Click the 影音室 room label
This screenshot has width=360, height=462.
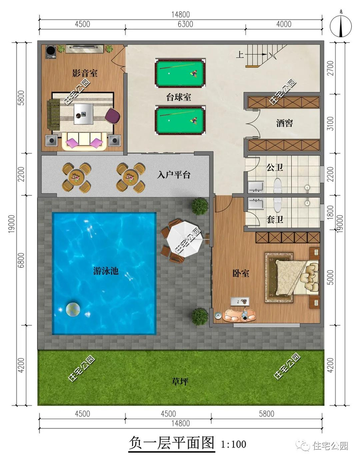tap(85, 73)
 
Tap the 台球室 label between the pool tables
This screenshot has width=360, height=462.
tap(178, 97)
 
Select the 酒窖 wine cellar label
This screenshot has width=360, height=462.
tap(284, 123)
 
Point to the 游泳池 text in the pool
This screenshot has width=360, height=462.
tap(106, 271)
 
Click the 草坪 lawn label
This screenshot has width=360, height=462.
tap(179, 382)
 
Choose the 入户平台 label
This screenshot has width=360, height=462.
tap(174, 175)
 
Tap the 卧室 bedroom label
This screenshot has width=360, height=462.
tap(241, 273)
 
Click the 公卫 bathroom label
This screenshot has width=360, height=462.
tap(275, 168)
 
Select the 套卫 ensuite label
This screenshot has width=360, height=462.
tap(275, 219)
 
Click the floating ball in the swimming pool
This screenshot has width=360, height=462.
tap(73, 309)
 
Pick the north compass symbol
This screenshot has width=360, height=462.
tap(341, 26)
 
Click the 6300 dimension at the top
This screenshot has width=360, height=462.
tap(185, 24)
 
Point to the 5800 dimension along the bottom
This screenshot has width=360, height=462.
tap(266, 414)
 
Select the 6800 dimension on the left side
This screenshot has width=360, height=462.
tap(21, 260)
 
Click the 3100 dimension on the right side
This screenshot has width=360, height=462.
tap(331, 123)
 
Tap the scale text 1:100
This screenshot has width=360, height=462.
tap(233, 444)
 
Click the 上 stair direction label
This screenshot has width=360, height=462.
tap(240, 54)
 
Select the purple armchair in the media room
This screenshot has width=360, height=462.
tap(113, 115)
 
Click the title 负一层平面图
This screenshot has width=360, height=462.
tap(171, 443)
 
